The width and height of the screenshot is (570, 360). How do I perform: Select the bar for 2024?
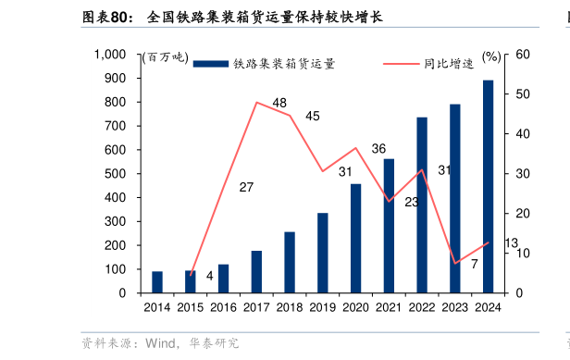tap(488, 186)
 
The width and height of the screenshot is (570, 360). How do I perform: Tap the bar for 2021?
tap(389, 226)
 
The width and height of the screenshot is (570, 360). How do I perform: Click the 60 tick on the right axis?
tap(522, 55)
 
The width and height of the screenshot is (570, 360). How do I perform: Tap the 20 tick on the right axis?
tap(522, 214)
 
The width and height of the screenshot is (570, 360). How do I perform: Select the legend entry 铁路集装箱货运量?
tap(264, 64)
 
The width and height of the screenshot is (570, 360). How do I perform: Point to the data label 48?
tap(279, 103)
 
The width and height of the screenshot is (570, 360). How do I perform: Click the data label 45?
tap(313, 116)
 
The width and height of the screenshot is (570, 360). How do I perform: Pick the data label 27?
tap(246, 187)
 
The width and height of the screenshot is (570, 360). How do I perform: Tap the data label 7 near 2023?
tap(474, 264)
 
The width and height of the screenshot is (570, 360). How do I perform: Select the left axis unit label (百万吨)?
tap(164, 57)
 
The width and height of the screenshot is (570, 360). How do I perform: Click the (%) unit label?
tap(490, 56)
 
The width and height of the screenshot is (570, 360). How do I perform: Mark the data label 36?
tap(378, 148)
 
